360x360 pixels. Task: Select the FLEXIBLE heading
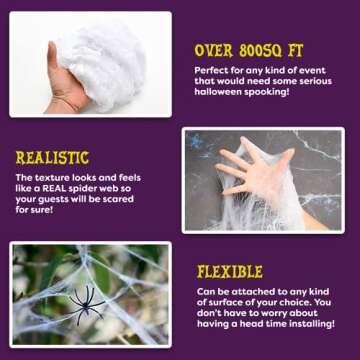click(x=230, y=271)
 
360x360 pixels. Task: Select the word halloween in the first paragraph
click(x=216, y=91)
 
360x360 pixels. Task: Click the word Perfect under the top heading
click(x=212, y=69)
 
